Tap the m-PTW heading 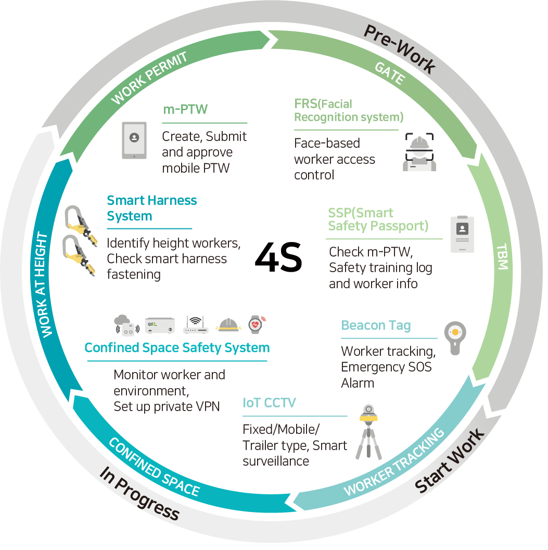(185, 110)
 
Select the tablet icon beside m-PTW (134, 140)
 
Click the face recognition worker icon (419, 151)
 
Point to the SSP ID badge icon (462, 234)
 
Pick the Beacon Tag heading (376, 326)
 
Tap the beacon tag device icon (455, 337)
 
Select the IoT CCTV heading (270, 403)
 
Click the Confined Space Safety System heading (177, 347)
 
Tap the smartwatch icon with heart (256, 324)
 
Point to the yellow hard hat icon (227, 325)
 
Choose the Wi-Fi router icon (196, 325)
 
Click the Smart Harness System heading (151, 208)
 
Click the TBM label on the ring (501, 257)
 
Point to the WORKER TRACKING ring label (394, 462)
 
